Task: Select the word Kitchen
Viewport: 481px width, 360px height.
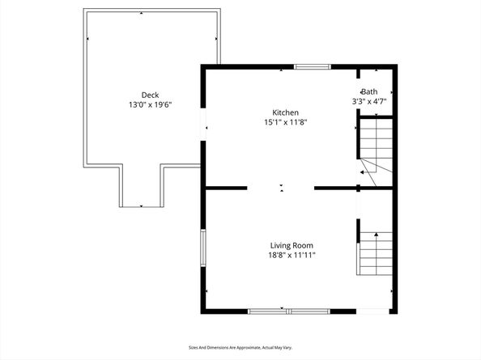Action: (285, 112)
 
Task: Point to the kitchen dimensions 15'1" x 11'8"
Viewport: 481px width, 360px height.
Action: (285, 123)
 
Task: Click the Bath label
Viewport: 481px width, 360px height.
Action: (369, 91)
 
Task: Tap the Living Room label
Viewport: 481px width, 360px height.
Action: (292, 245)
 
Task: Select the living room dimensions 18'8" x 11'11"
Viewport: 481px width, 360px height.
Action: (292, 256)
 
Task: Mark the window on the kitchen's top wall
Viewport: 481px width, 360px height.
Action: (312, 66)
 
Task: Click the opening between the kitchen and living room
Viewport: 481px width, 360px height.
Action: (280, 188)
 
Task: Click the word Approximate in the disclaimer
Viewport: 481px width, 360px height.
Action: (245, 347)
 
